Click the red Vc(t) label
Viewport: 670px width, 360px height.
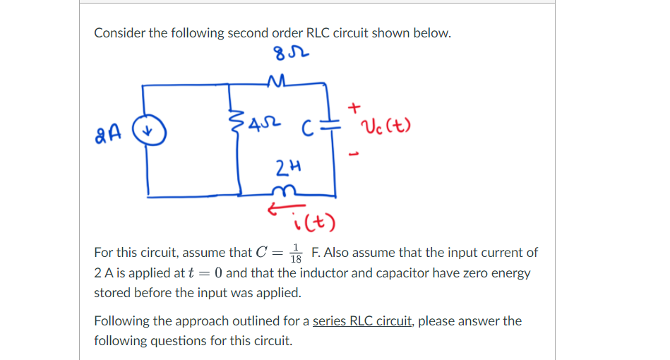tap(386, 128)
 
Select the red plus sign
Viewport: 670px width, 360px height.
tap(354, 107)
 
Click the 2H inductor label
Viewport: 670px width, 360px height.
tap(285, 167)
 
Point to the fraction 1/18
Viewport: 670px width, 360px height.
tap(297, 253)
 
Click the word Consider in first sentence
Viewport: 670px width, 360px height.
tap(119, 33)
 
